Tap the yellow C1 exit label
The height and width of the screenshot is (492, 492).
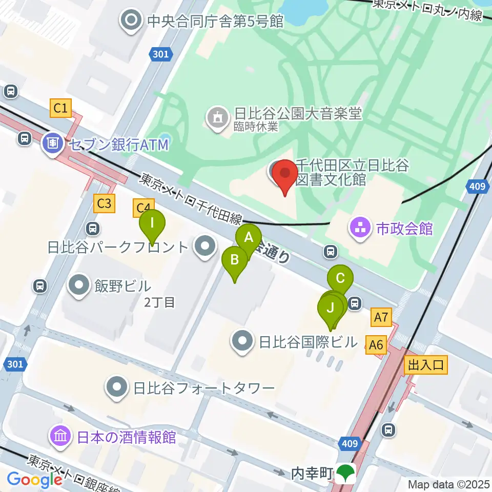tap(60, 108)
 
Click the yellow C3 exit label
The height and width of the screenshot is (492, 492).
tap(104, 203)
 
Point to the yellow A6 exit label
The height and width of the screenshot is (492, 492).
tap(377, 344)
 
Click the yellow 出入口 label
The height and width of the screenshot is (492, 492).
tap(425, 365)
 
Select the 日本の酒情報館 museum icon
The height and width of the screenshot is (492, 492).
tap(60, 437)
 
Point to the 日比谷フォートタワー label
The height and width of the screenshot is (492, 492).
tap(204, 388)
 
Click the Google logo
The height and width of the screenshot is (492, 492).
tap(35, 480)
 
